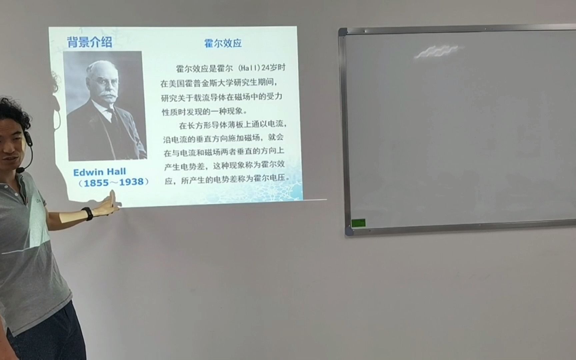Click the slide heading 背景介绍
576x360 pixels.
90,42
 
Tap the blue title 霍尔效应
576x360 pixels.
223,43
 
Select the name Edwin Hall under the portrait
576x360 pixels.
99,172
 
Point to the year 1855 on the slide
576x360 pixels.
96,183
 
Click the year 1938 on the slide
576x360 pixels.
131,182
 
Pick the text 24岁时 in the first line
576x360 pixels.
274,68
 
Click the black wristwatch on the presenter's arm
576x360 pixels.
88,214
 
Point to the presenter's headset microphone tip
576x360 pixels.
20,170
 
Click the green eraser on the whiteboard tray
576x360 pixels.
358,223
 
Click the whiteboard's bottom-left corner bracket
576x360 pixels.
349,231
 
